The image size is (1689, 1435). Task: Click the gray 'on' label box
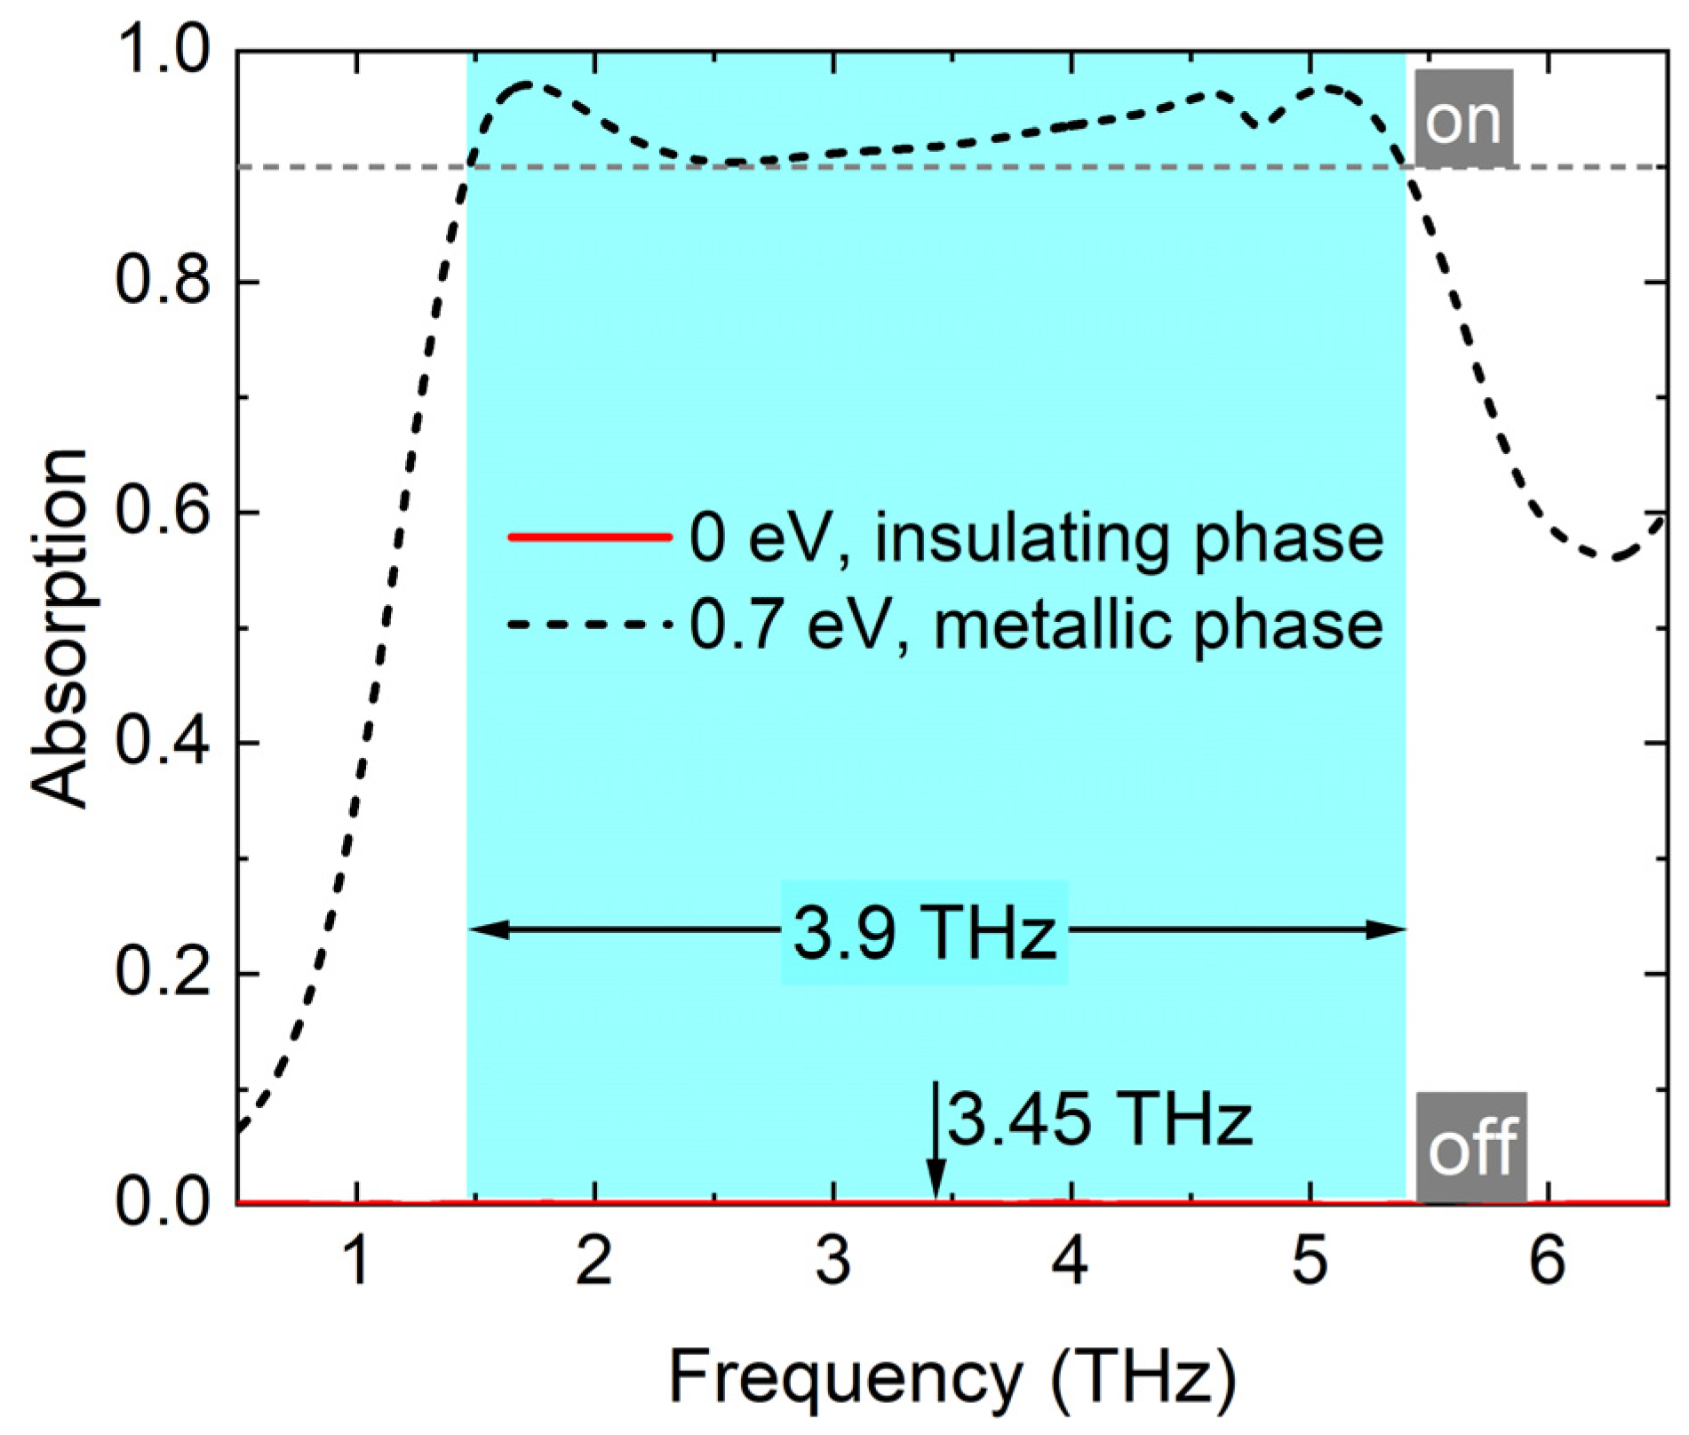tap(1462, 119)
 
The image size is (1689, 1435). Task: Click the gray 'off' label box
tap(1470, 1147)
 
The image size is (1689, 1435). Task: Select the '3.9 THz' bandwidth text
tap(925, 933)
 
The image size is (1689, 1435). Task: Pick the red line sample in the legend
tap(587, 536)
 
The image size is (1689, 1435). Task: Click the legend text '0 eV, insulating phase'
tap(1036, 538)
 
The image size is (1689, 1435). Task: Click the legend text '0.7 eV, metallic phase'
tap(1036, 626)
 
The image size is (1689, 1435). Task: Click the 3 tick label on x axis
tap(833, 1261)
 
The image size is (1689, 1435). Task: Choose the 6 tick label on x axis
tap(1549, 1261)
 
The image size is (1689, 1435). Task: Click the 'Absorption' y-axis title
tap(60, 628)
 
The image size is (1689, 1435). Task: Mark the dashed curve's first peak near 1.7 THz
tap(528, 84)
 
